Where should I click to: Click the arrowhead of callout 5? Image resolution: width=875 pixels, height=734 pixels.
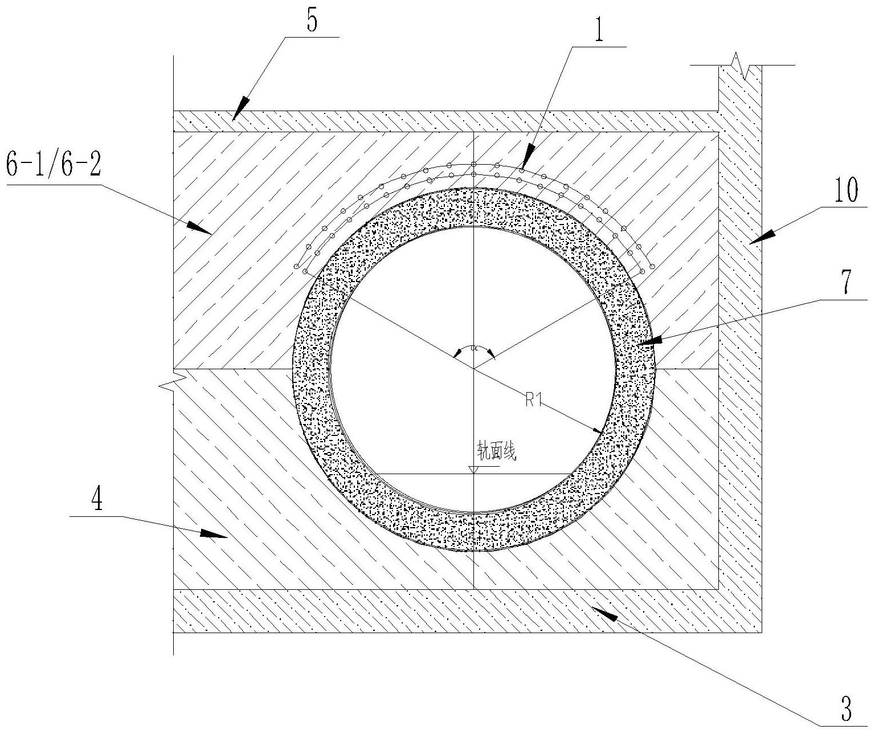(x=238, y=111)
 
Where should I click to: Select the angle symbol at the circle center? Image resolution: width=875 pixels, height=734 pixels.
(x=473, y=349)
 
